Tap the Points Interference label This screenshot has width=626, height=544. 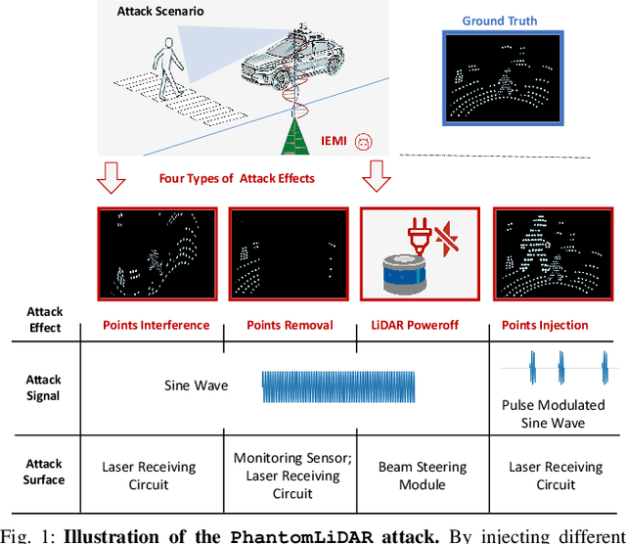point(156,325)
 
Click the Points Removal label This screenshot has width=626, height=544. point(290,325)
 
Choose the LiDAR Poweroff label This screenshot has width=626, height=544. point(422,325)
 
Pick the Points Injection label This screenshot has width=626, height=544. point(545,325)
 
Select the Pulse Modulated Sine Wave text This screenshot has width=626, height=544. point(553,414)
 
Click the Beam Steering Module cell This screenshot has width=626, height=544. point(423,476)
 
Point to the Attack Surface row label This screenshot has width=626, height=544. point(44,472)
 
